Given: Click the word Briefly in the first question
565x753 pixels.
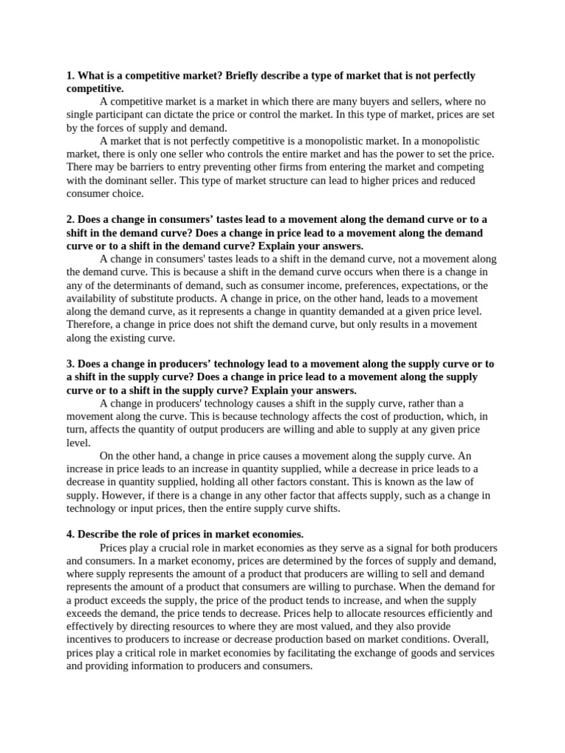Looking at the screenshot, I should coord(247,76).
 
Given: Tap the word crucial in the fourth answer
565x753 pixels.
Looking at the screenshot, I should coord(176,548).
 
